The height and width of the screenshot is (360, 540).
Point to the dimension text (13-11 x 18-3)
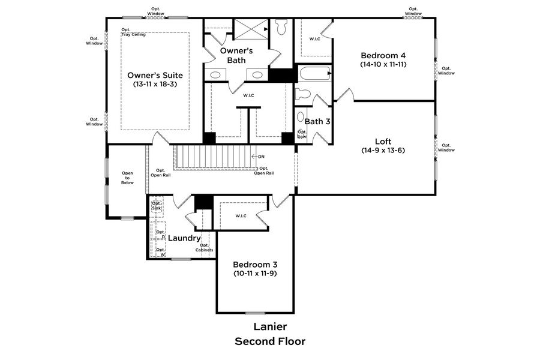(155, 85)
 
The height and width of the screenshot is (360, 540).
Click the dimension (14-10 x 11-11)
(384, 64)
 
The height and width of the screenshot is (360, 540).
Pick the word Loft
(383, 141)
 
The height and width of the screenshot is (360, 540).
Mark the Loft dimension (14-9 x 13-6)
(383, 150)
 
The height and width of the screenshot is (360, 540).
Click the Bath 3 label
(317, 121)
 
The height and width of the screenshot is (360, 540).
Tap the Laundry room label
(184, 238)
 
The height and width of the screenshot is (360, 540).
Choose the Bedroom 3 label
(255, 264)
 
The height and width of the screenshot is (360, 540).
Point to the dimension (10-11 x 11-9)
(255, 274)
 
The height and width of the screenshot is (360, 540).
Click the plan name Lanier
(269, 327)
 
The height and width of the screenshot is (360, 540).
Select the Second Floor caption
(269, 341)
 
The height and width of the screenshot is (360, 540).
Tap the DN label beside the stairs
(260, 157)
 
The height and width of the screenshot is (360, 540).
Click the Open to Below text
(127, 178)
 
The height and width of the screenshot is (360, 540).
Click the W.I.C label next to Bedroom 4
(314, 39)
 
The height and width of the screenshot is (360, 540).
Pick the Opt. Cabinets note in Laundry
(204, 247)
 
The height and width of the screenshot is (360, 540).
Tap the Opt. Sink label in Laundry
(157, 205)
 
